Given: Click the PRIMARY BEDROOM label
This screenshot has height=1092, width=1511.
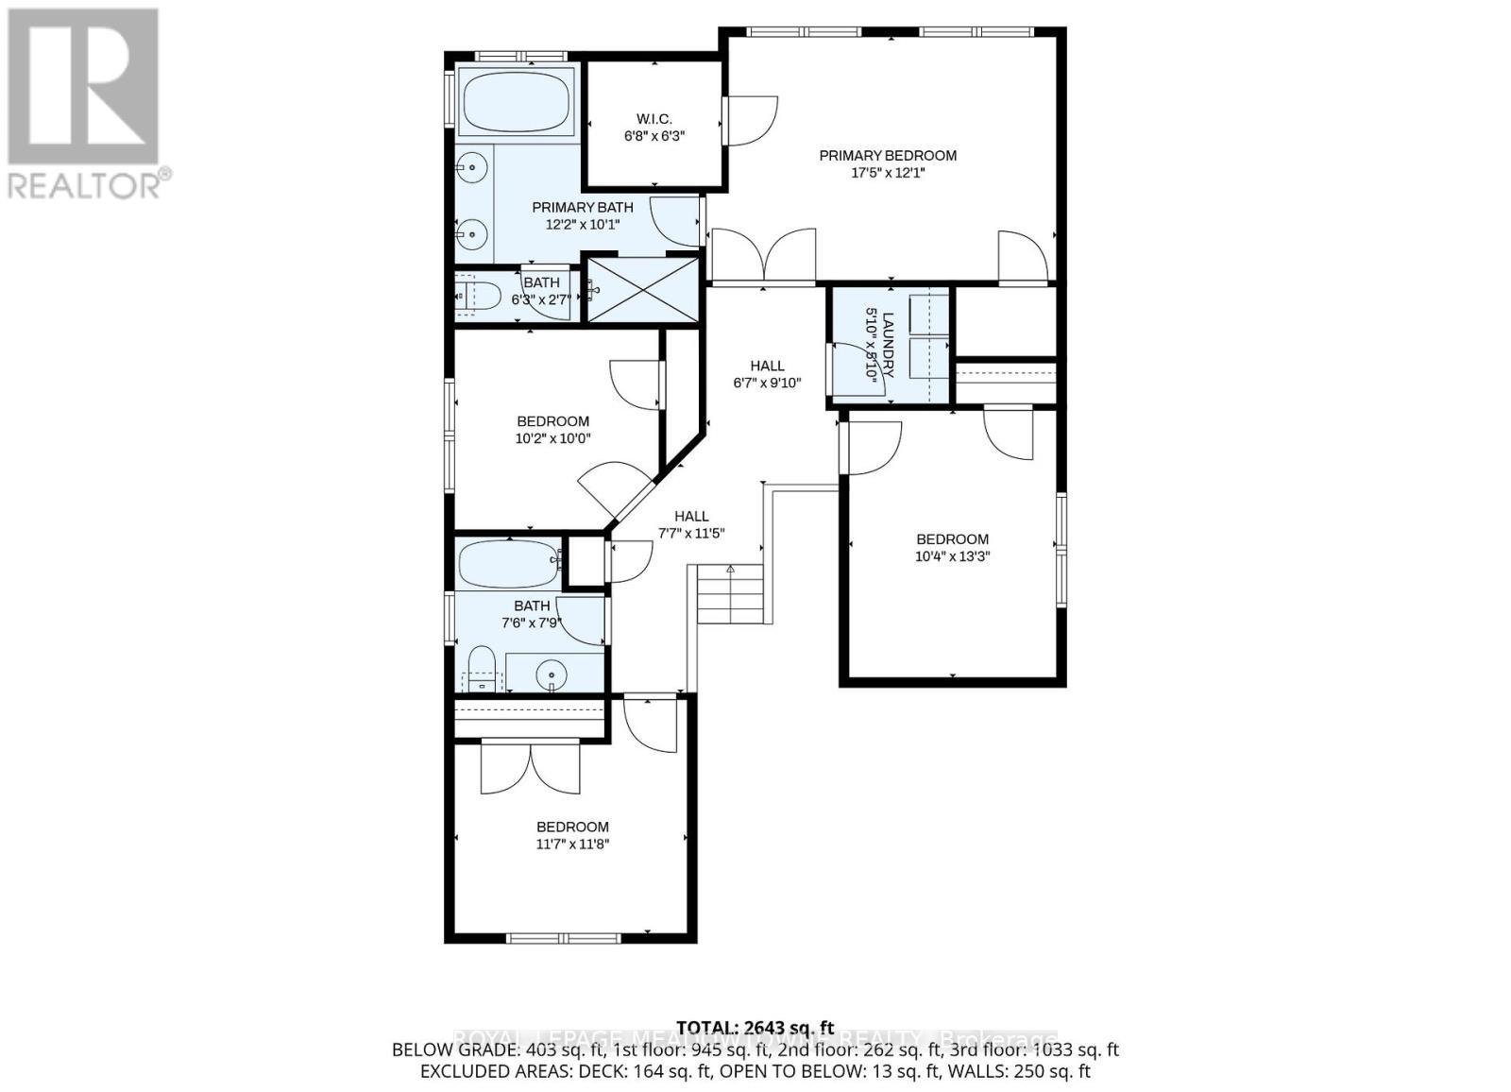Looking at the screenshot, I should [x=887, y=156].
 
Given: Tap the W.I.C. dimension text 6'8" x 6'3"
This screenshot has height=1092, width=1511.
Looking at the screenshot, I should [x=654, y=135].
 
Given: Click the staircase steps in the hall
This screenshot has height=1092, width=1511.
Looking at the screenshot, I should [x=731, y=595].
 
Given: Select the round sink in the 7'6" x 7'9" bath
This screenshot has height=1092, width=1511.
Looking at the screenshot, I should [x=551, y=675].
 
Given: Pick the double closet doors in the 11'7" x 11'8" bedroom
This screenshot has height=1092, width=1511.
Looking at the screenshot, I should [x=530, y=768].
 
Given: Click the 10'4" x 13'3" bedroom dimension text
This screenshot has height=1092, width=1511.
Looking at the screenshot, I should [x=952, y=556].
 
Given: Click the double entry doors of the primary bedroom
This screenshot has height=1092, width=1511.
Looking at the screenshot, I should [x=763, y=256].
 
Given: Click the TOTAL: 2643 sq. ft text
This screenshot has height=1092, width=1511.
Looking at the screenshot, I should [x=755, y=1028].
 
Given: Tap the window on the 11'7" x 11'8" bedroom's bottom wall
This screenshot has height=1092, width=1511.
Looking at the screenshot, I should [x=563, y=938].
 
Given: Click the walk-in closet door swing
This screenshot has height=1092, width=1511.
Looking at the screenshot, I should [x=751, y=120].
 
